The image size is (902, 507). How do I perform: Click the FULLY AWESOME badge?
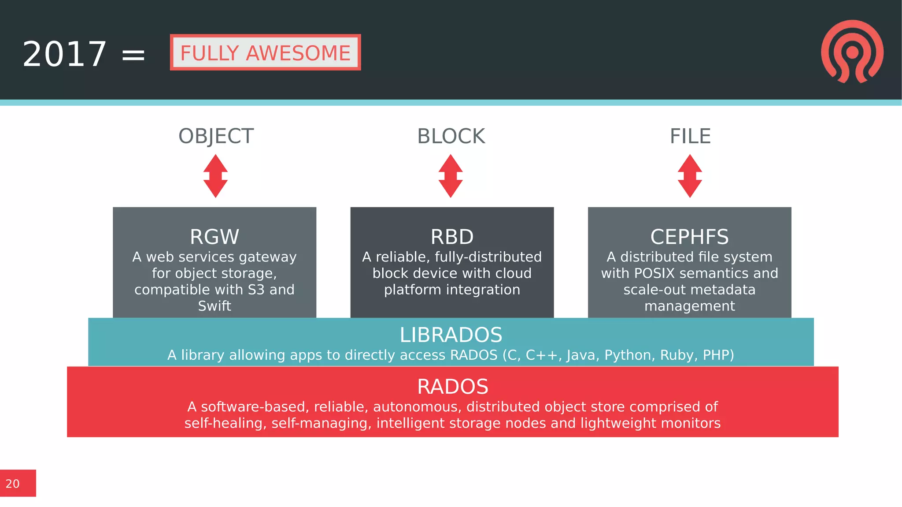tap(265, 52)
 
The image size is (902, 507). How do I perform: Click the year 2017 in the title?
tap(64, 54)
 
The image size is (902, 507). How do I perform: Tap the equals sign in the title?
tap(133, 55)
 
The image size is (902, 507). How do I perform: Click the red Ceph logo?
tap(852, 51)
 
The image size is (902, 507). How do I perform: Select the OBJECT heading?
tap(216, 136)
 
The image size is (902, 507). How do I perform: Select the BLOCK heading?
tap(451, 136)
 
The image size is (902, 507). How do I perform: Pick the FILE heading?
tap(690, 136)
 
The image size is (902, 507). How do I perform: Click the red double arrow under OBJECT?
tap(215, 176)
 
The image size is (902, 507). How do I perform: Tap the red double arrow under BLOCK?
tap(451, 176)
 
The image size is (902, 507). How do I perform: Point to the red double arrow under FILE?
tap(690, 176)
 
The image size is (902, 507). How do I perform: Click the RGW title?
tap(214, 237)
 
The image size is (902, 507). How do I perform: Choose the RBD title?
tap(452, 237)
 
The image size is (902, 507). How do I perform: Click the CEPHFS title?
tap(689, 237)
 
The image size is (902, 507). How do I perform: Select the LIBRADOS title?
tap(451, 335)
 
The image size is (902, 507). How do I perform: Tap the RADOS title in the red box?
tap(452, 387)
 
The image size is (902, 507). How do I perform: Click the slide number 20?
tap(13, 484)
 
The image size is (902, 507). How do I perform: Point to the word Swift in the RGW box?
tap(214, 306)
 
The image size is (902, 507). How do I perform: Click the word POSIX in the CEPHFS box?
tap(654, 273)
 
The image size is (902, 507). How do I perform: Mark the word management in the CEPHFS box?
tap(690, 306)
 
